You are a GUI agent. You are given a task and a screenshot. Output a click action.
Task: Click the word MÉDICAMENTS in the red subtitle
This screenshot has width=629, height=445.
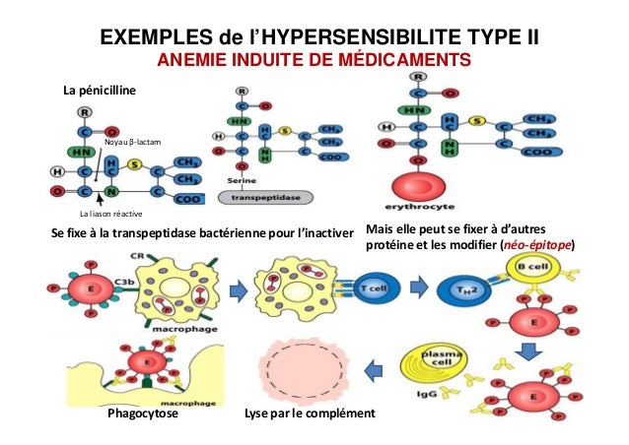pyautogui.click(x=407, y=63)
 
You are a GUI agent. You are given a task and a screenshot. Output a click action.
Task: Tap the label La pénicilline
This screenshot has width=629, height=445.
pyautogui.click(x=101, y=91)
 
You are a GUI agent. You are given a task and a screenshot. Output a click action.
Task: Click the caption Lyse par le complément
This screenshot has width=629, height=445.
pyautogui.click(x=309, y=414)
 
